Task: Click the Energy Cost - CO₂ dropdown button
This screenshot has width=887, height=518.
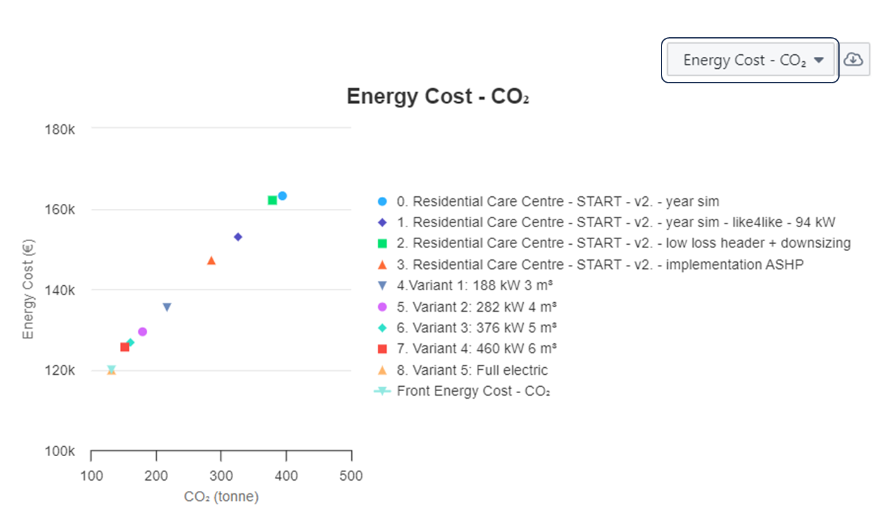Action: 752,60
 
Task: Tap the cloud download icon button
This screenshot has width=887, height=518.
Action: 854,59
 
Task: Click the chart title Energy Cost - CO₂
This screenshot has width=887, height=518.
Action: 437,97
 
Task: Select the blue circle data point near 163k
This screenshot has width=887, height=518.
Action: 282,196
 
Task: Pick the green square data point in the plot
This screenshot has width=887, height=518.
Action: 272,200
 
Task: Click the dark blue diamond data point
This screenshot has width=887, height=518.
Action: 238,237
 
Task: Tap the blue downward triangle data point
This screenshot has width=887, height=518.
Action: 167,307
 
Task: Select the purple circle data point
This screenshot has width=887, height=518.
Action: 142,332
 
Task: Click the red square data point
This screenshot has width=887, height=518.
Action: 124,347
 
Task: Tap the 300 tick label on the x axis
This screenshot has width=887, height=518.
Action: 221,476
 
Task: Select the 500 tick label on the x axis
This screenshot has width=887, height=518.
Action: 351,476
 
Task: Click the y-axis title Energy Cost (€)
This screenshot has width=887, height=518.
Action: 28,290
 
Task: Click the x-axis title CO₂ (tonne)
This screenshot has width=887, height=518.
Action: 221,497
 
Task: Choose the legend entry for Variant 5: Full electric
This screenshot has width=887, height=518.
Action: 472,370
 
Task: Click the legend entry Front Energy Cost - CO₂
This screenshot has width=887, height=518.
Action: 473,391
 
